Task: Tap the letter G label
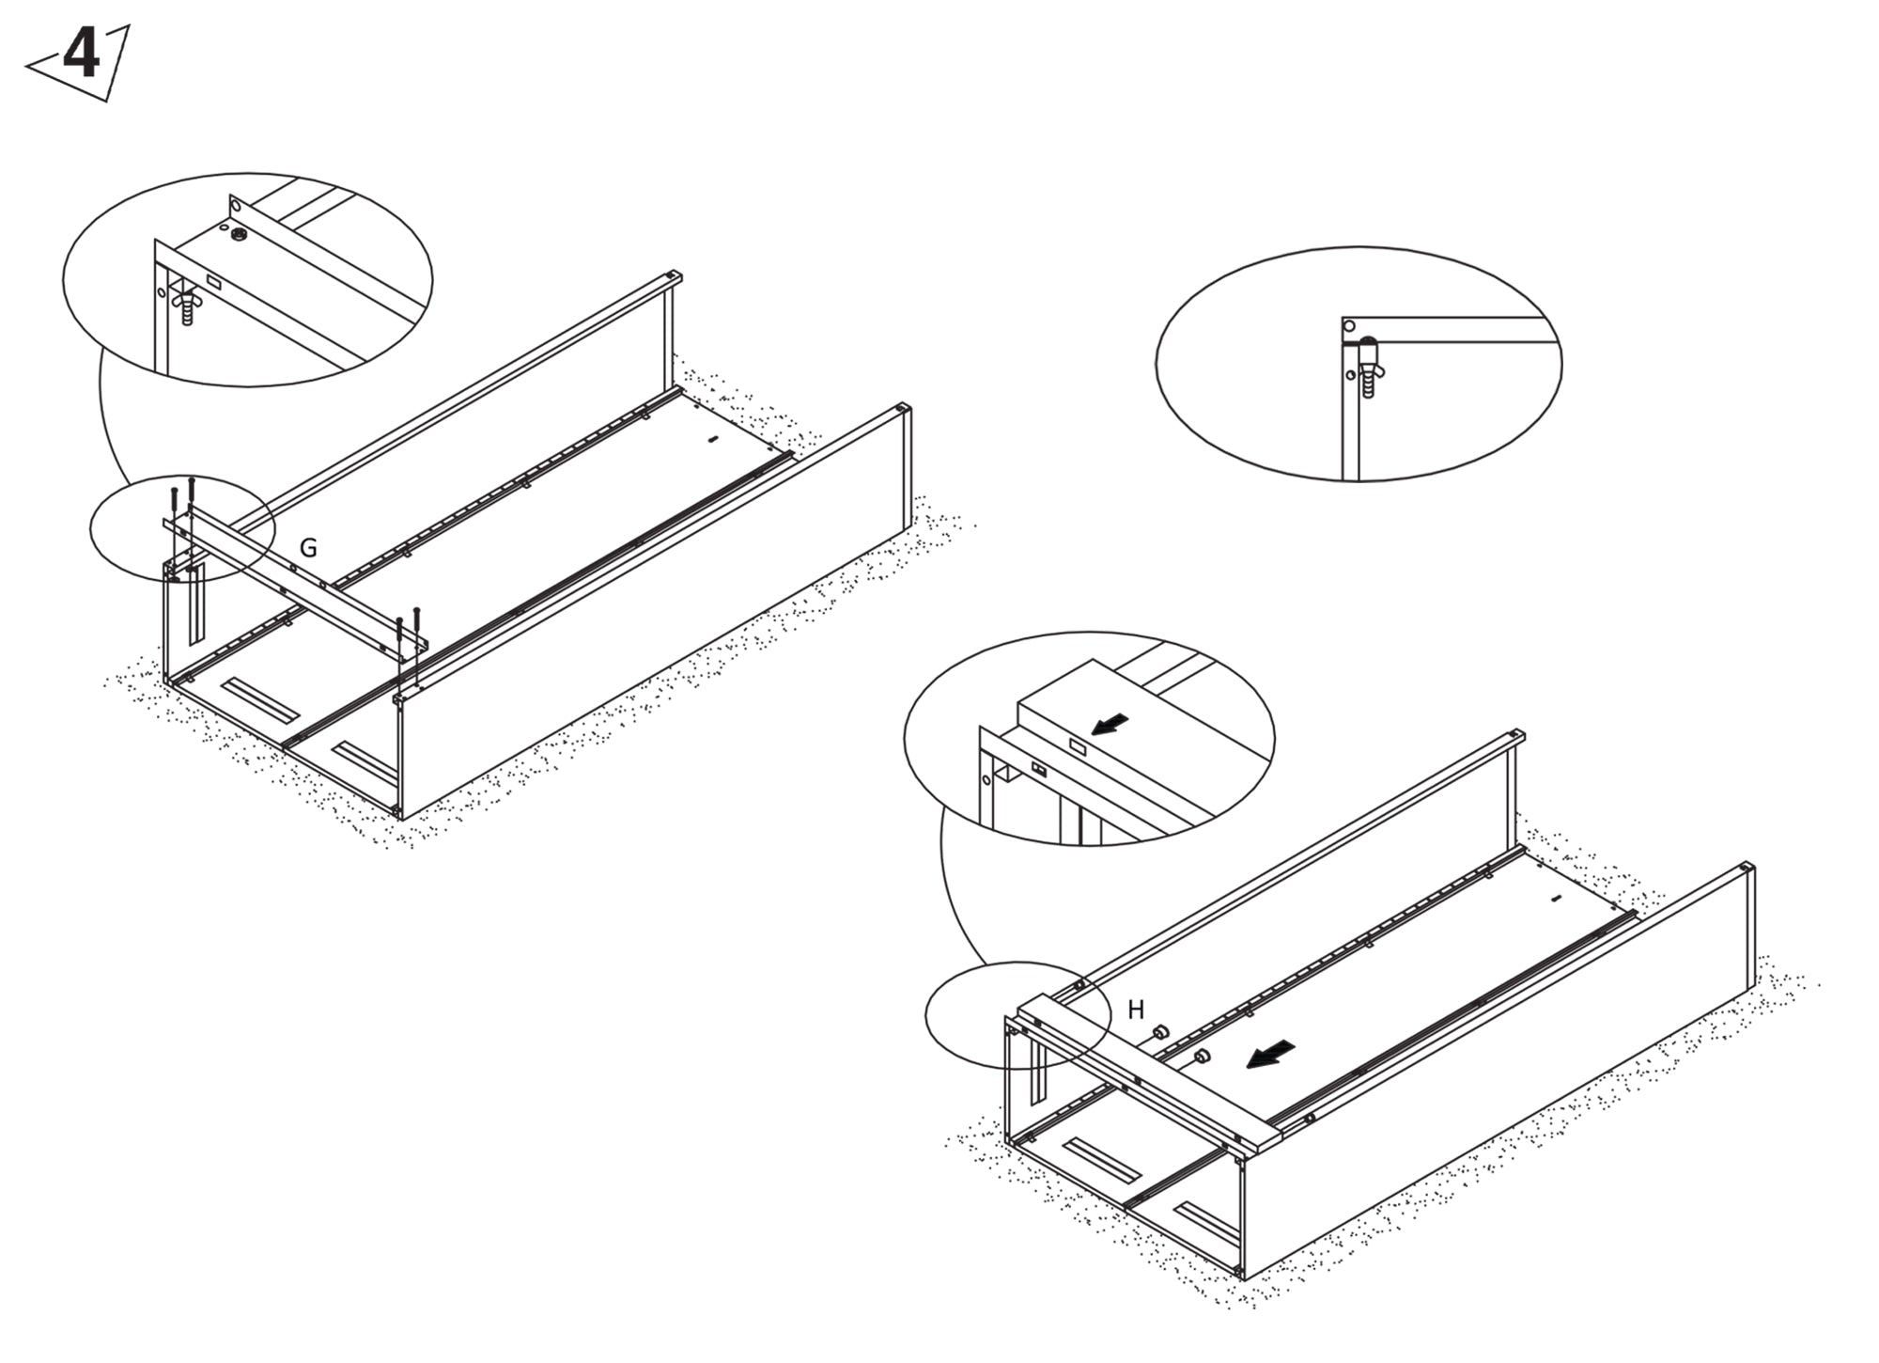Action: pyautogui.click(x=307, y=548)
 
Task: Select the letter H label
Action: pyautogui.click(x=1136, y=1010)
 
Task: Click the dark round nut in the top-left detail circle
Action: pyautogui.click(x=238, y=234)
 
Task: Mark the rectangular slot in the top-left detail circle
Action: pyautogui.click(x=212, y=281)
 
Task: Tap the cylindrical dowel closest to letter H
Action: pyautogui.click(x=1160, y=1033)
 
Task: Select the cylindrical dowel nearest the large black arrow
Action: pyautogui.click(x=1202, y=1057)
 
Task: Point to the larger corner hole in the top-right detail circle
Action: pyautogui.click(x=1349, y=326)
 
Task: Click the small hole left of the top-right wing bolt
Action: pyautogui.click(x=1350, y=375)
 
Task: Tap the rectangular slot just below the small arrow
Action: pyautogui.click(x=1078, y=748)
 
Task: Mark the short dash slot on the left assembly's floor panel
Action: pyautogui.click(x=712, y=439)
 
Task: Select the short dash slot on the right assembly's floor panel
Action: pyautogui.click(x=1555, y=899)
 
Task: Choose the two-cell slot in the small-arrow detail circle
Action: pyautogui.click(x=1040, y=770)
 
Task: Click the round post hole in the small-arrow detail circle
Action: pyautogui.click(x=987, y=779)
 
